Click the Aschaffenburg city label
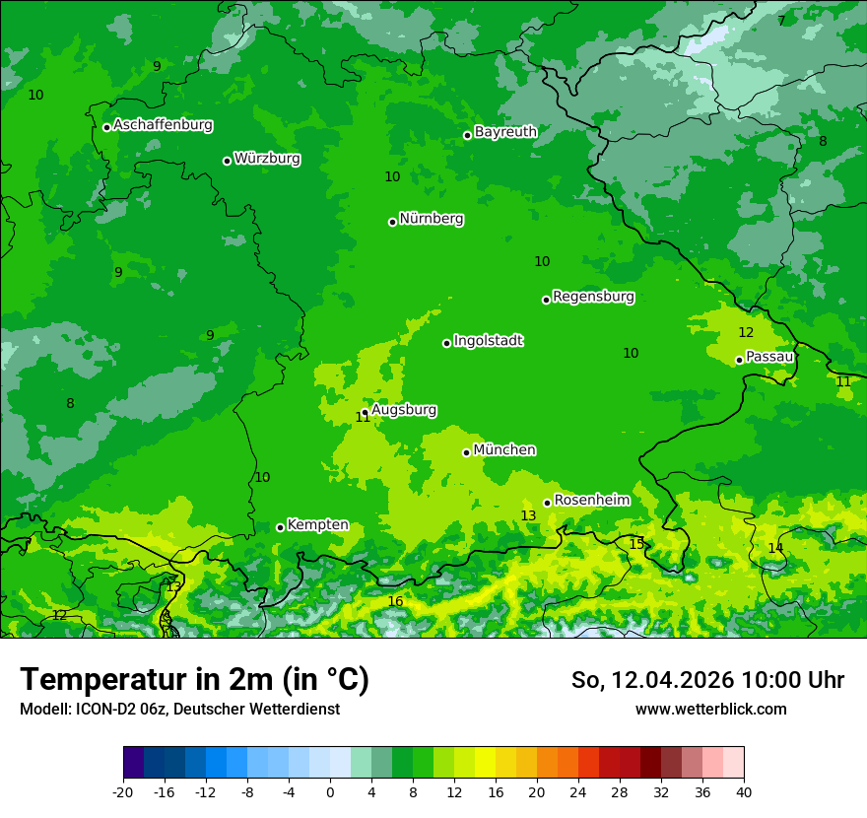163,125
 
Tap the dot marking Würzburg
227,161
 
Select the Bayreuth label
505,131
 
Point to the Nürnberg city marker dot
392,222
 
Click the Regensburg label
593,296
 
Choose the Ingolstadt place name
488,340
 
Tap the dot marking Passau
739,360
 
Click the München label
504,449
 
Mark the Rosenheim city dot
547,503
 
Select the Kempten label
317,524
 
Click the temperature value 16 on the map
395,601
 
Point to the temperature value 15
636,543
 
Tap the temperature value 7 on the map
781,21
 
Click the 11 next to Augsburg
363,418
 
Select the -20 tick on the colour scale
123,791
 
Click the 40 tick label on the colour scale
744,791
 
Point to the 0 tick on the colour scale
330,791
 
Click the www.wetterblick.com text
710,709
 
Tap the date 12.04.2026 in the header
673,680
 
